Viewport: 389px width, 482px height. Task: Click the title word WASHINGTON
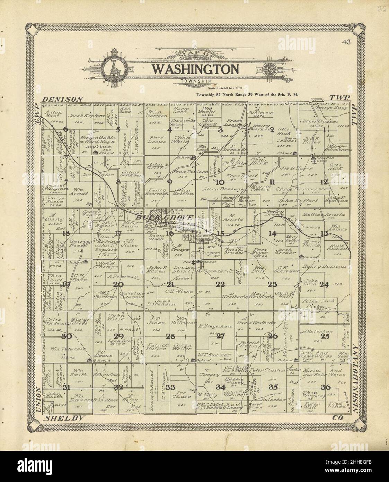click(x=196, y=69)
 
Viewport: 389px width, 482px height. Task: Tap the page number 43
click(x=346, y=42)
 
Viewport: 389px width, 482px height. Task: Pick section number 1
click(x=325, y=130)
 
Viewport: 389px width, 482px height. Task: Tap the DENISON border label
click(x=62, y=99)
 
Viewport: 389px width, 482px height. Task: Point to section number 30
click(x=66, y=336)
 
